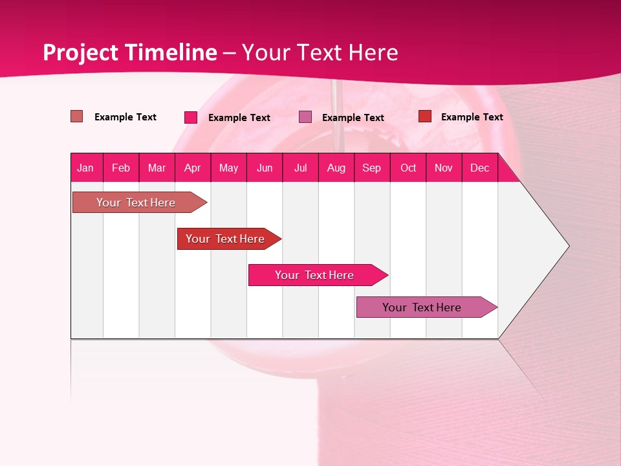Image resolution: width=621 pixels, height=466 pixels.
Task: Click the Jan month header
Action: tap(85, 168)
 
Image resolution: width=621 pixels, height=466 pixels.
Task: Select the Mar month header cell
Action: tap(157, 168)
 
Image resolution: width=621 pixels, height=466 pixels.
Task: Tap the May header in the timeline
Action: tap(228, 168)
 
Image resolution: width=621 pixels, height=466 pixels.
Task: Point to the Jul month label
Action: tap(300, 168)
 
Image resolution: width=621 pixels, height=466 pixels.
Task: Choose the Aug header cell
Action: tap(336, 168)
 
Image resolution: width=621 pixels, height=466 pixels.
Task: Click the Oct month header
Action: tap(408, 168)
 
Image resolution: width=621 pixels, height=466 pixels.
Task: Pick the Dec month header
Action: tap(479, 168)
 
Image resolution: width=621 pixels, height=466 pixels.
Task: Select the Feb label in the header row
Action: tap(121, 168)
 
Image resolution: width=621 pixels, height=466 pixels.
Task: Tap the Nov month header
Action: tap(444, 168)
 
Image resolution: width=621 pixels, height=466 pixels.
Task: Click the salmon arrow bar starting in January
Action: tap(136, 203)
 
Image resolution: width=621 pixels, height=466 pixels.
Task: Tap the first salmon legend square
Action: tap(77, 116)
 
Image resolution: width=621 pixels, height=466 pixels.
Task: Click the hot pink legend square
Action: tap(191, 117)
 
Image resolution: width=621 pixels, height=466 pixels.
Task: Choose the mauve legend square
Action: tap(305, 117)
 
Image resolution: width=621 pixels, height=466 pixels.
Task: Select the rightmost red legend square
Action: tap(425, 116)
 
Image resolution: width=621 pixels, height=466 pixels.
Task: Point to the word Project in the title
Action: tap(80, 52)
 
